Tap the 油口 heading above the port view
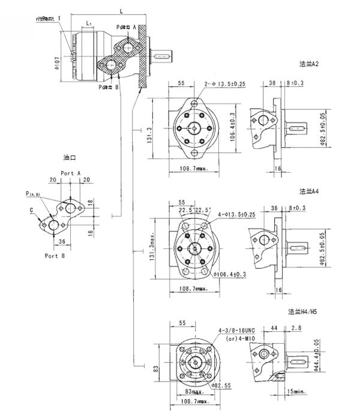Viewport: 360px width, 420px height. click(x=71, y=158)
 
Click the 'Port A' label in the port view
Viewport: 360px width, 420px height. click(x=70, y=172)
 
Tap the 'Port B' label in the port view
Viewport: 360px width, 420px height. click(x=55, y=255)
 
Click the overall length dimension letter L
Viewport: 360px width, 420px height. click(x=122, y=11)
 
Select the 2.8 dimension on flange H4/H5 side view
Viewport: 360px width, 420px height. click(x=296, y=328)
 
